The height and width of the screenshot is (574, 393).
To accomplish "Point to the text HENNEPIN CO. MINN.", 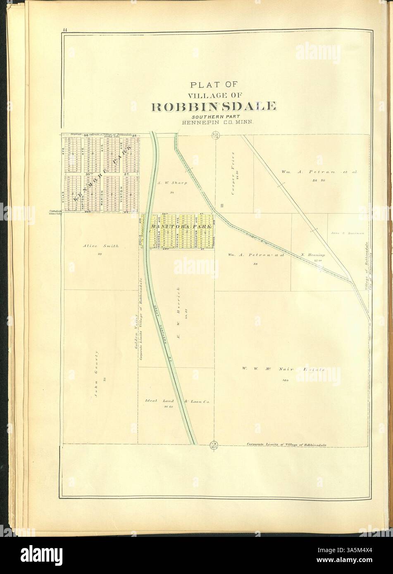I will tap(214, 123).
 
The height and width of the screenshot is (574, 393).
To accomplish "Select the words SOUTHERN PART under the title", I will tap(214, 116).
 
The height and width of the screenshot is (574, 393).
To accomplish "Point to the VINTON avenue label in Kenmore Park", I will tap(120, 193).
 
